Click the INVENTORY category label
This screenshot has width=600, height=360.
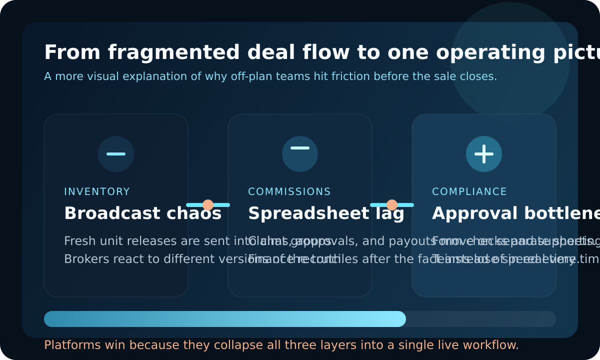coord(97,192)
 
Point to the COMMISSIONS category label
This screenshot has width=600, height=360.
coord(289,192)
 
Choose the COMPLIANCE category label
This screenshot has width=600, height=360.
coord(469,192)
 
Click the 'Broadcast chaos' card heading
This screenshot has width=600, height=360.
coord(142,213)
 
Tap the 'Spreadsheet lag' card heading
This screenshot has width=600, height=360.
coord(326,213)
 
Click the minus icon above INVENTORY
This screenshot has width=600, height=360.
coord(116,154)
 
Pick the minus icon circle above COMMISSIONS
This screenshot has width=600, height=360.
coord(300,154)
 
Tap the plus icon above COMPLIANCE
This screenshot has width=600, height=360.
coord(484,154)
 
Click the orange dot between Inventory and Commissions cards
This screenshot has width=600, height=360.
coord(208,205)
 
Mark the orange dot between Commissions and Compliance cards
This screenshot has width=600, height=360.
coord(392,205)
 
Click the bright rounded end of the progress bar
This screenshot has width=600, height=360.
coord(399,319)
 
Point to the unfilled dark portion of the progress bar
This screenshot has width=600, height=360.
coord(480,319)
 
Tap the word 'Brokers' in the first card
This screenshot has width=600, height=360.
coord(81,259)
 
